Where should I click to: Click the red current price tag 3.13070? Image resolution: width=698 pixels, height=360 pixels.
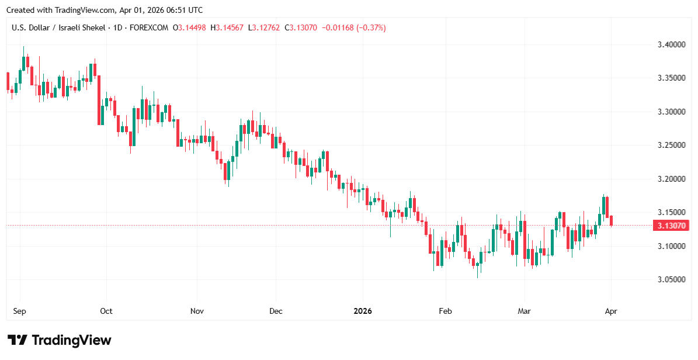[671, 226]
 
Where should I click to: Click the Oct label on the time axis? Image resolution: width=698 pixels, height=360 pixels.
[106, 311]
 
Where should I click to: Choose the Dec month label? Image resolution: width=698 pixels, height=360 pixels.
[276, 311]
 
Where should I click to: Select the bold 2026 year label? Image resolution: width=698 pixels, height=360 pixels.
[363, 311]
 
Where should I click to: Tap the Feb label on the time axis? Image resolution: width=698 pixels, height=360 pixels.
[446, 311]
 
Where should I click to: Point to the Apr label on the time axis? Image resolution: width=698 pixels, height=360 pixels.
[610, 311]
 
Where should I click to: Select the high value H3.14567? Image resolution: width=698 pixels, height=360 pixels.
[228, 27]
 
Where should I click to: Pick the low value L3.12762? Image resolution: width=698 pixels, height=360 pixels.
[264, 27]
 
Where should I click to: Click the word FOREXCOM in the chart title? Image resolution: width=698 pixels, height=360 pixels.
[149, 27]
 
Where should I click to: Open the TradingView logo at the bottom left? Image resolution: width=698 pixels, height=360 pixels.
[59, 340]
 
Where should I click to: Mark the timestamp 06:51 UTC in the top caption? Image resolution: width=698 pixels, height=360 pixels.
[182, 10]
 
